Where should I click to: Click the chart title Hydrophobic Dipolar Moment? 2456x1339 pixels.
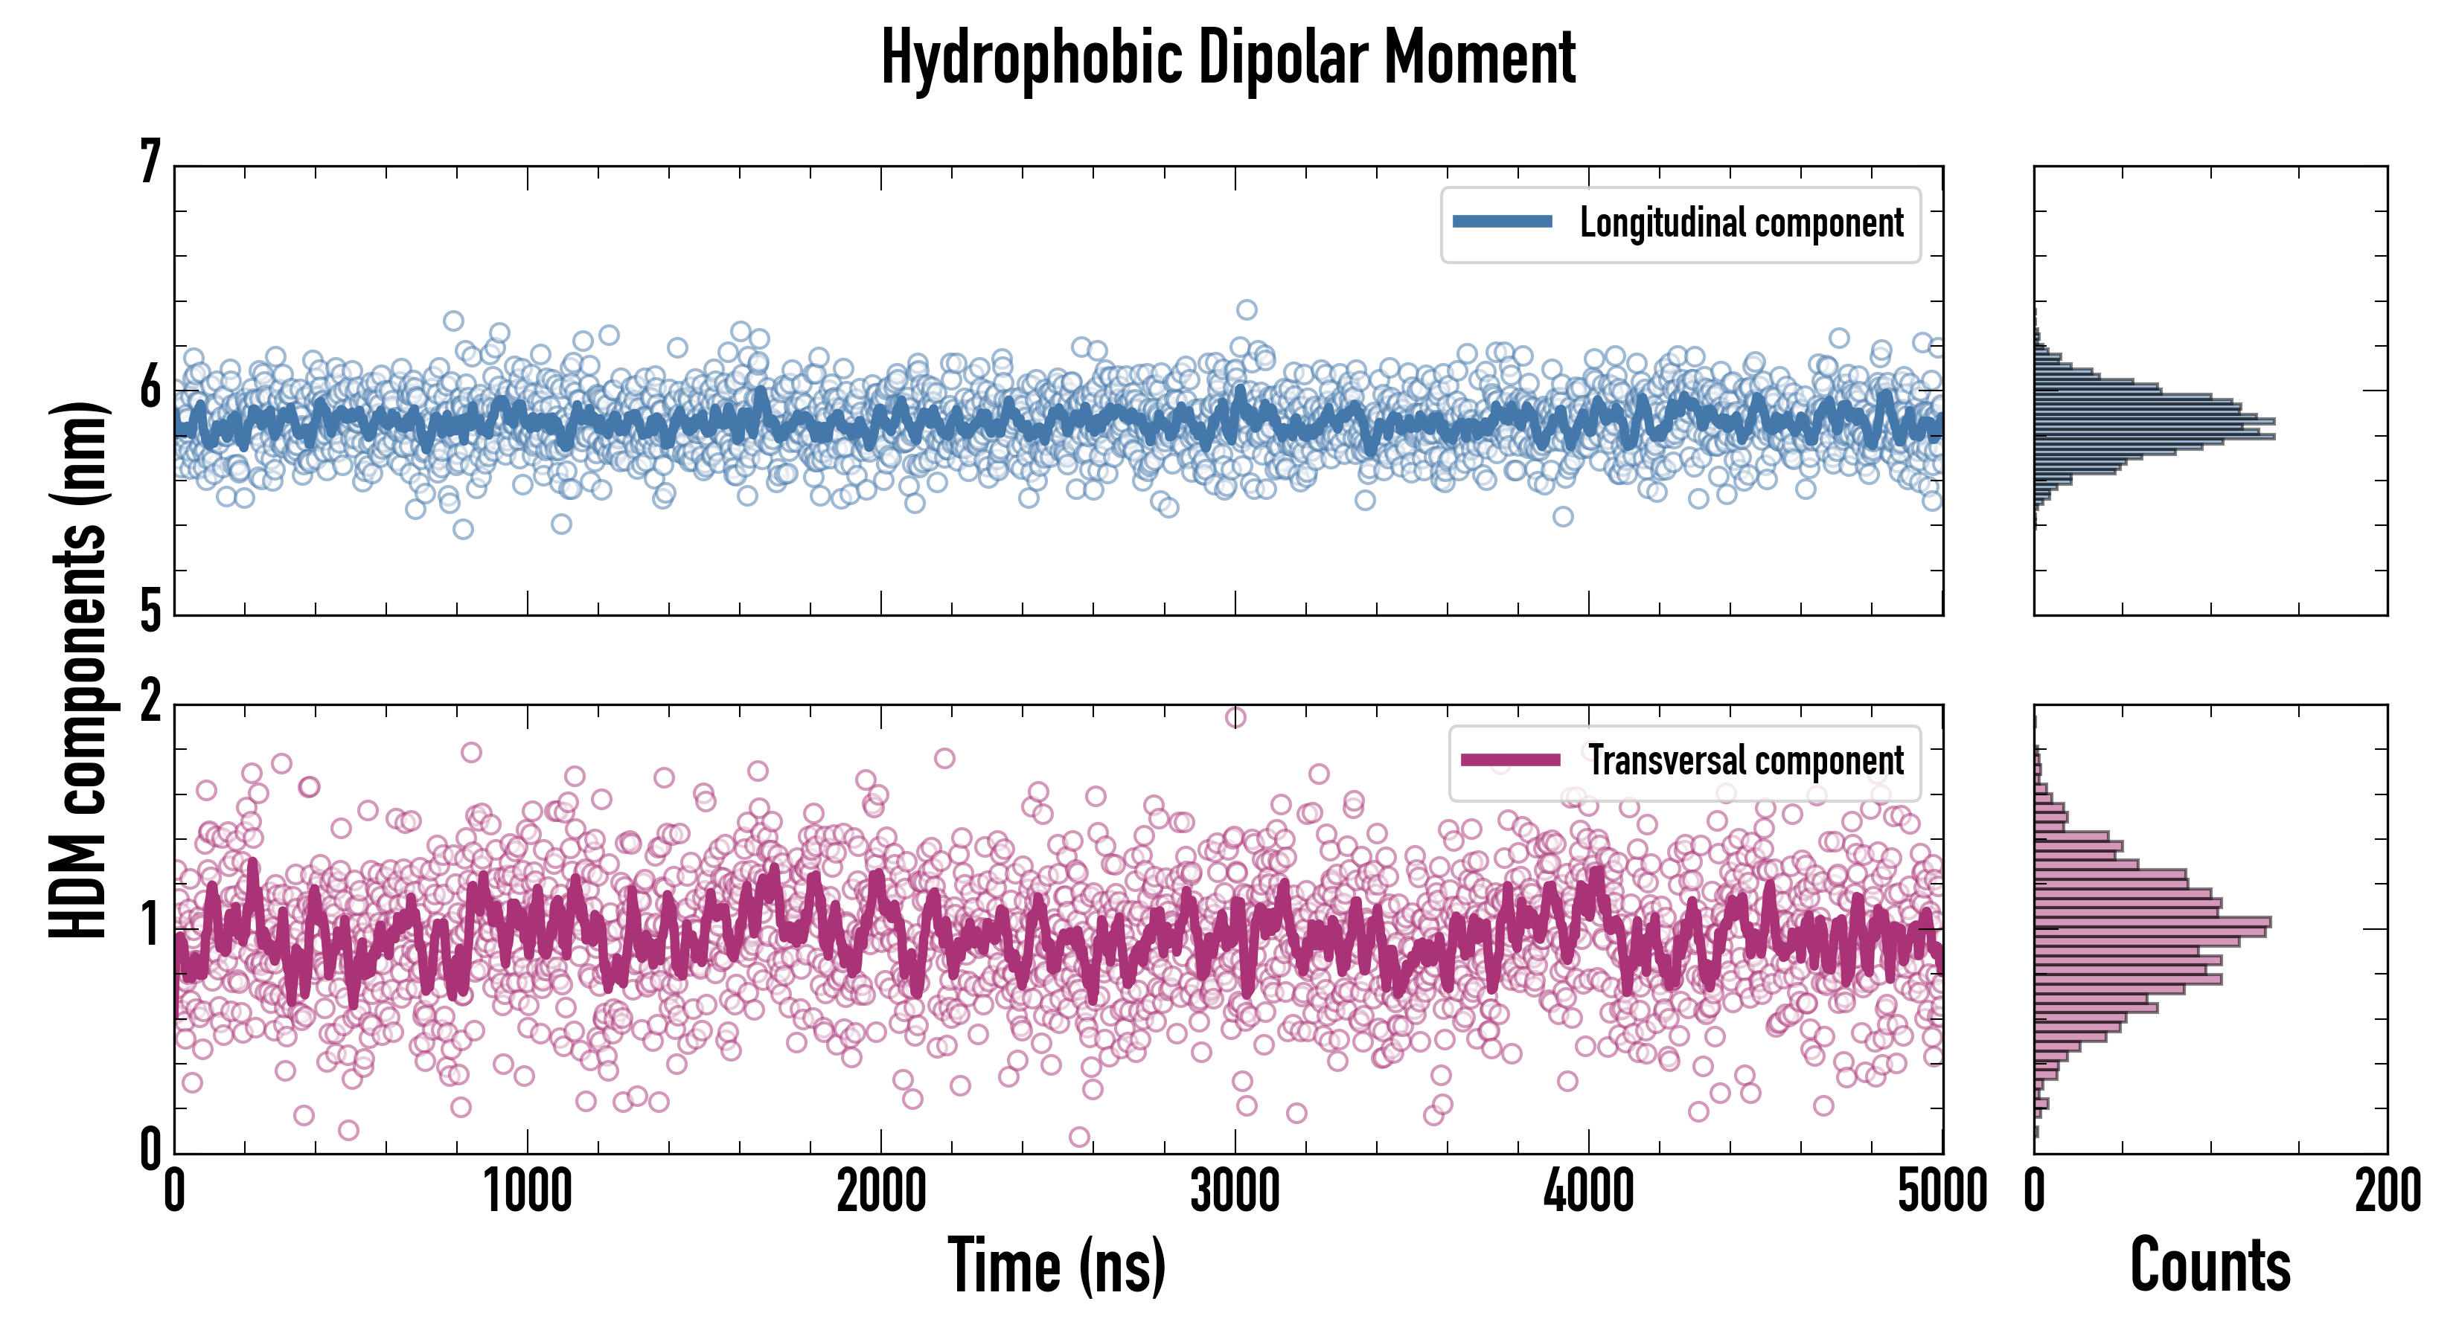click(1228, 59)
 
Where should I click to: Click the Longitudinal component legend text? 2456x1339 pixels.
click(1741, 223)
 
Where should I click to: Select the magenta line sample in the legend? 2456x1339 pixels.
click(1510, 760)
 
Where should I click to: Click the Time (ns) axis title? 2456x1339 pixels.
click(1056, 1265)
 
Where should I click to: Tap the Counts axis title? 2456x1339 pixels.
click(2210, 1265)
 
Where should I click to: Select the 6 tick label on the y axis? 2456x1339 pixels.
click(150, 387)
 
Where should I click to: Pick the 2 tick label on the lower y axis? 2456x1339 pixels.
click(150, 702)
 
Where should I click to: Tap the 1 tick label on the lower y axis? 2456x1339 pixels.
click(150, 925)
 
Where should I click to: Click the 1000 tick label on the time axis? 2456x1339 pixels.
click(527, 1191)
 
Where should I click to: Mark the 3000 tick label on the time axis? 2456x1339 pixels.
click(1235, 1191)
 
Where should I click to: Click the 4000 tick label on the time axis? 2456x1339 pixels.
click(1588, 1191)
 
